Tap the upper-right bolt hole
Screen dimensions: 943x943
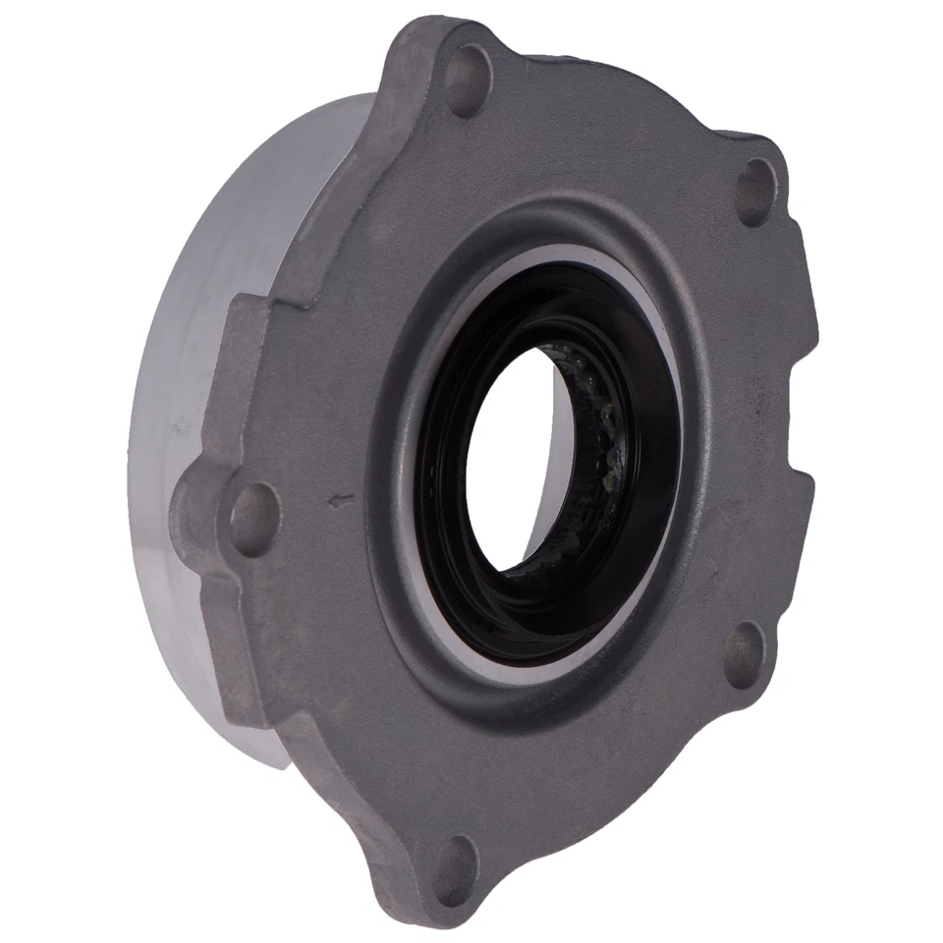tap(755, 193)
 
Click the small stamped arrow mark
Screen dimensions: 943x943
tap(342, 502)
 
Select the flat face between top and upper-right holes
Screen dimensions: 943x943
tap(629, 138)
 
